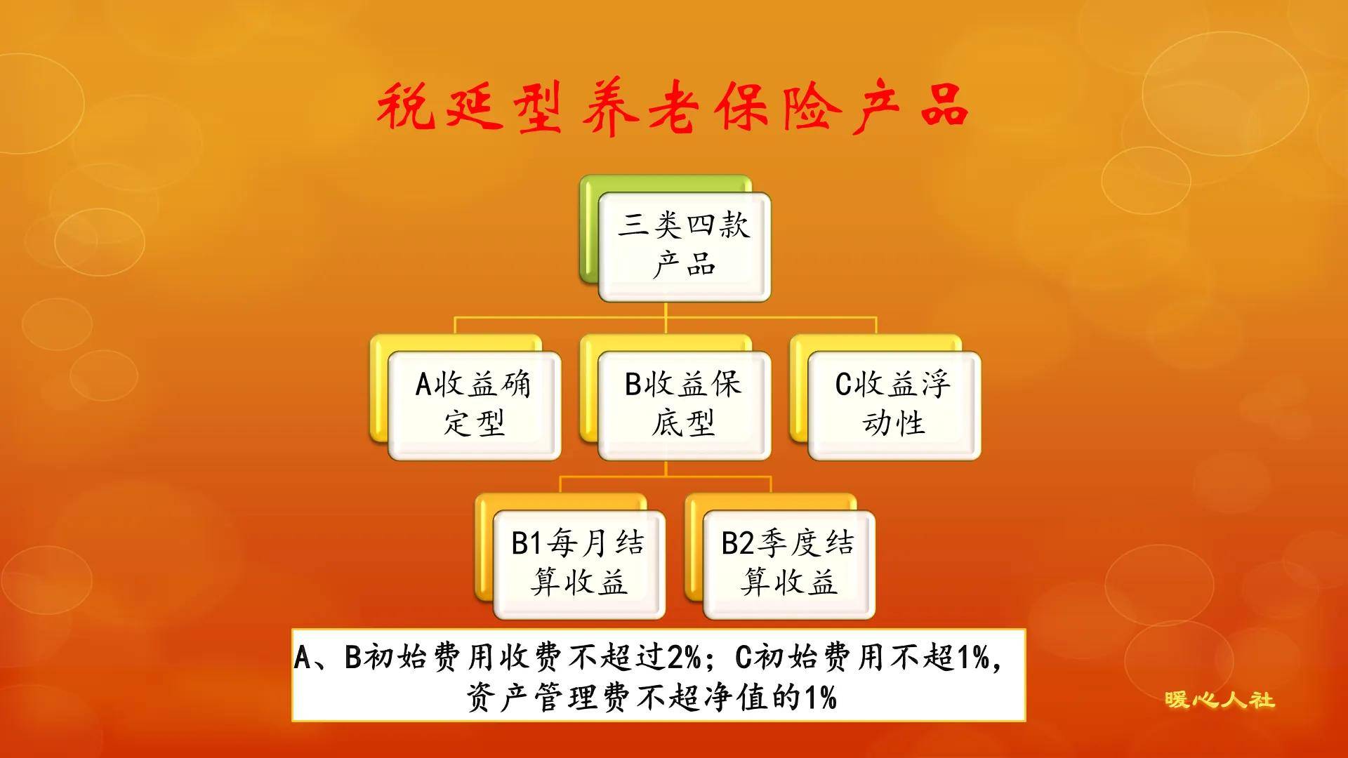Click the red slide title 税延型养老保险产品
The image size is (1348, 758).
pyautogui.click(x=673, y=107)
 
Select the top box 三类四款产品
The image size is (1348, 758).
pyautogui.click(x=685, y=246)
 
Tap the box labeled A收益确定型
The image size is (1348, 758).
pyautogui.click(x=475, y=405)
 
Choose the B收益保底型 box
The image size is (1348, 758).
pyautogui.click(x=685, y=405)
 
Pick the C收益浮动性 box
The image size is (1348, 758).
pyautogui.click(x=894, y=405)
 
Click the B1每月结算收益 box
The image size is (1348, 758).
pyautogui.click(x=579, y=564)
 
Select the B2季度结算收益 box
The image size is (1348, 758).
pyautogui.click(x=788, y=564)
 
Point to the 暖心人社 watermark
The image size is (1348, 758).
pyautogui.click(x=1220, y=700)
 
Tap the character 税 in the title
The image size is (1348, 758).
pyautogui.click(x=405, y=107)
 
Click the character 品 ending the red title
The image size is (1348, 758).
pyautogui.click(x=944, y=107)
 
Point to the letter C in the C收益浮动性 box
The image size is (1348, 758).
pyautogui.click(x=842, y=385)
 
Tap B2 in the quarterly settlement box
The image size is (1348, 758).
pyautogui.click(x=738, y=543)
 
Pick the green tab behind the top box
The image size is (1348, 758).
pyautogui.click(x=588, y=232)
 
